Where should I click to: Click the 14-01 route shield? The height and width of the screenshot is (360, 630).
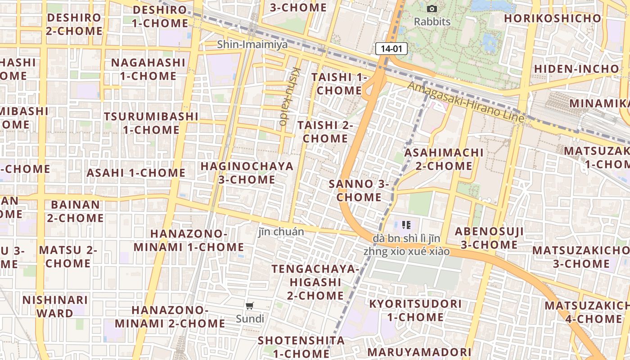(x=391, y=49)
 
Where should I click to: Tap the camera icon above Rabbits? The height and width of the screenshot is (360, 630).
(x=432, y=9)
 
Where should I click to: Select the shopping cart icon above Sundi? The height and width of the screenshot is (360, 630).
(x=249, y=306)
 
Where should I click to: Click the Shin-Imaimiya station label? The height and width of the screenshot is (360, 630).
(x=252, y=45)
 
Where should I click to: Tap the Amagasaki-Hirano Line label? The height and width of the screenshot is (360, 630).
(x=466, y=102)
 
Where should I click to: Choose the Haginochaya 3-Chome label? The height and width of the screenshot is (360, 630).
(x=247, y=173)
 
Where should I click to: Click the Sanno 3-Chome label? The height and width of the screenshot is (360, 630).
(x=359, y=190)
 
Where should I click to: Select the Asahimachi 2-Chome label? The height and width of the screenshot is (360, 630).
(x=444, y=159)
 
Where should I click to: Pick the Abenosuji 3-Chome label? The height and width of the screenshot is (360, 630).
(x=489, y=238)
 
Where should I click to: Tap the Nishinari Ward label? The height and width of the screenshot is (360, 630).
(x=55, y=306)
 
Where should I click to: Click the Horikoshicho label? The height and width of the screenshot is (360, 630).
(x=552, y=18)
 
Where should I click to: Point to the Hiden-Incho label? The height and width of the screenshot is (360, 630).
(x=576, y=69)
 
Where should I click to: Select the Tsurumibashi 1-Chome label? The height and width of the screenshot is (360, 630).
(x=151, y=123)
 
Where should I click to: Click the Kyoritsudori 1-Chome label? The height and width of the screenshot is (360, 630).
(x=415, y=310)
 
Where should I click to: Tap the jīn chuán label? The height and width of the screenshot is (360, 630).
(x=281, y=232)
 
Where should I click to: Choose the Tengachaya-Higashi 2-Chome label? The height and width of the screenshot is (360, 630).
(x=315, y=282)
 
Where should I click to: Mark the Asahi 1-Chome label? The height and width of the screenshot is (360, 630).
(x=136, y=173)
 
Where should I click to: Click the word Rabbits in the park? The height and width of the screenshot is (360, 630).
(x=432, y=22)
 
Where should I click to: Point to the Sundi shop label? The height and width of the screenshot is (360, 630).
(x=250, y=319)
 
